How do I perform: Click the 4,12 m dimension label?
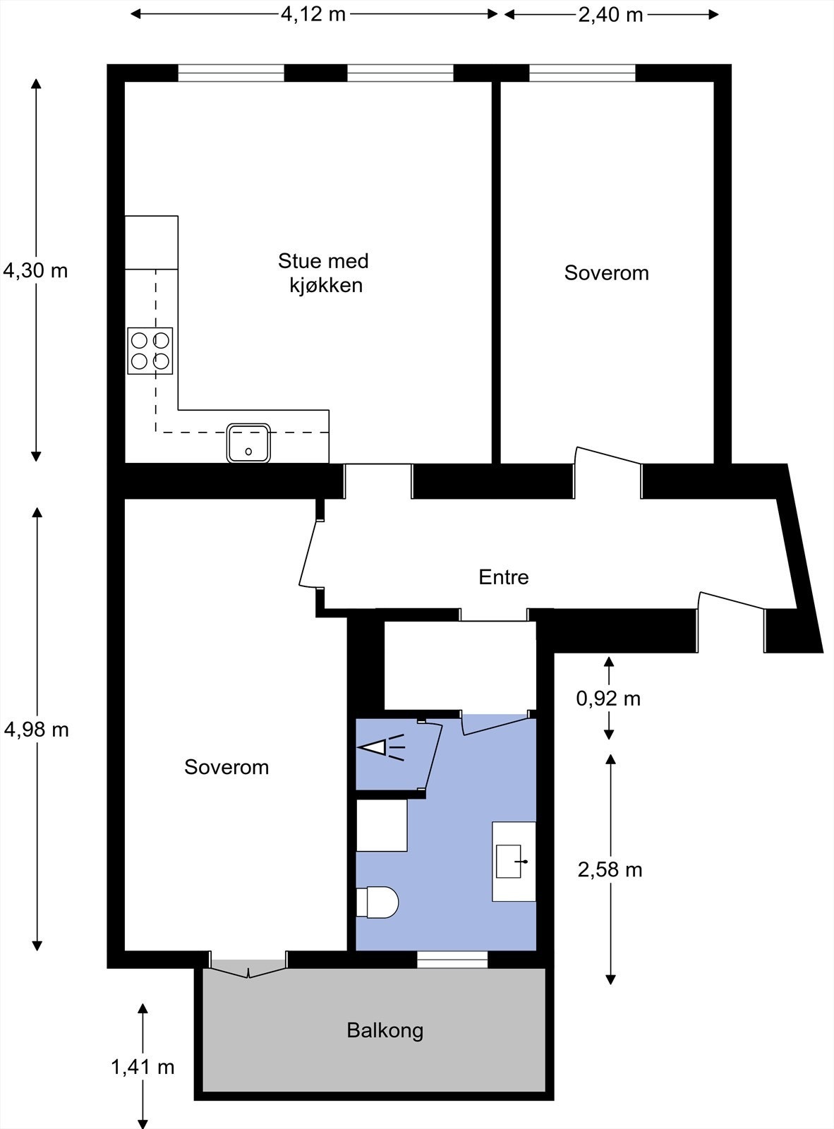click(x=313, y=14)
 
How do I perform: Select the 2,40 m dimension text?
click(x=610, y=15)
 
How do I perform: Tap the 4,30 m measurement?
click(x=35, y=270)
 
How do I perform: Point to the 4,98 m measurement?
click(x=37, y=729)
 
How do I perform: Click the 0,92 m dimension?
click(x=608, y=699)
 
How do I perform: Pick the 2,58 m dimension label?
click(x=610, y=869)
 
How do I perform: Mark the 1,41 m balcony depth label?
click(x=143, y=1066)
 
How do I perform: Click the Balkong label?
click(x=385, y=1030)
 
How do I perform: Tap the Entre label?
click(x=503, y=577)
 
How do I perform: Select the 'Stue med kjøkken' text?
click(x=324, y=273)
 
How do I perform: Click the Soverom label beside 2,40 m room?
click(x=606, y=273)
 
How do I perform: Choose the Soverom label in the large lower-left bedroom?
click(x=226, y=767)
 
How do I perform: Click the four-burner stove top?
click(x=150, y=351)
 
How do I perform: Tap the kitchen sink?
click(x=248, y=443)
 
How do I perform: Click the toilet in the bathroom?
click(x=379, y=902)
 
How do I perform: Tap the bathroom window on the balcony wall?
click(x=452, y=960)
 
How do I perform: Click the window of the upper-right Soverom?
click(x=582, y=73)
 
